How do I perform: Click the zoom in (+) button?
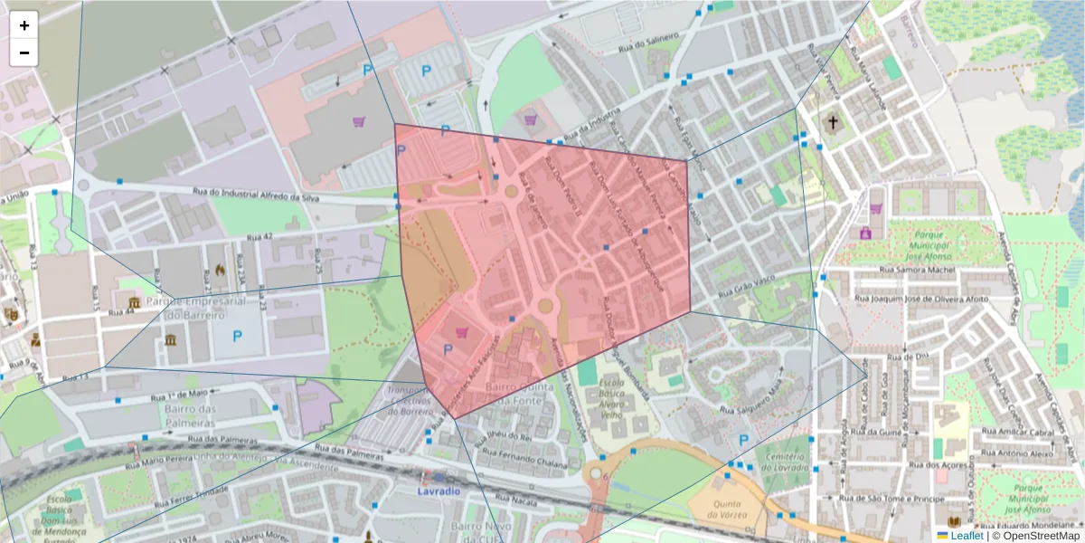point(24,25)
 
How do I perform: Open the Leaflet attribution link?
point(967,536)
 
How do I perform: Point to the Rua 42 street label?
point(260,237)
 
